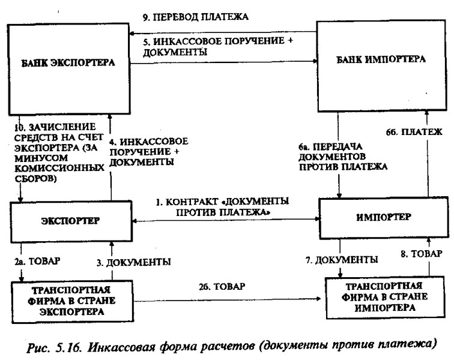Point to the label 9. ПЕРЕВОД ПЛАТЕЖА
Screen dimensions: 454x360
(x=195, y=17)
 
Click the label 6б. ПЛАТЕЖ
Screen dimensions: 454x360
(x=414, y=132)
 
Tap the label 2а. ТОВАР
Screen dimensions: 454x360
(x=37, y=261)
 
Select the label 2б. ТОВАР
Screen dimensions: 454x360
(x=222, y=286)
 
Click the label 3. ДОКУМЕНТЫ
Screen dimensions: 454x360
(x=134, y=262)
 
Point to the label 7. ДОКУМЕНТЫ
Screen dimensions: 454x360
(x=342, y=260)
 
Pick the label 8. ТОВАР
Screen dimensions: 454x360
(x=422, y=254)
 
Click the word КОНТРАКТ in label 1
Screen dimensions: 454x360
(x=192, y=202)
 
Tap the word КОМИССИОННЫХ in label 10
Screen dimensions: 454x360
(x=59, y=168)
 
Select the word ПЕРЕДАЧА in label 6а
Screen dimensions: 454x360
(x=337, y=147)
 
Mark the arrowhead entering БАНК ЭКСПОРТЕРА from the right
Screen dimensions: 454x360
(x=132, y=34)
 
